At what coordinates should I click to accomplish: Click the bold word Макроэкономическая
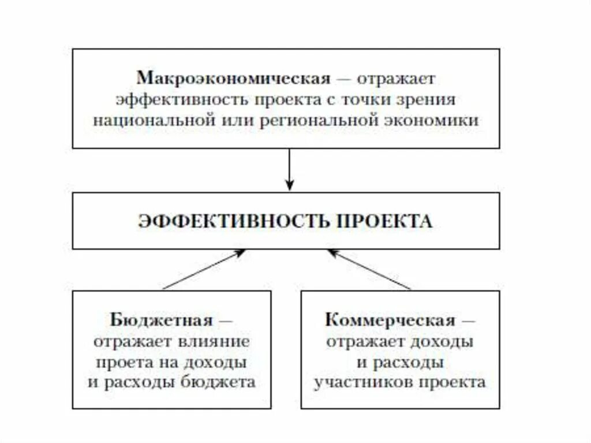pyautogui.click(x=233, y=78)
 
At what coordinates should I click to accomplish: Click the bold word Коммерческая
pyautogui.click(x=390, y=319)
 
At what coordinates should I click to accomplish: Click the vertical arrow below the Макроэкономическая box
pyautogui.click(x=289, y=170)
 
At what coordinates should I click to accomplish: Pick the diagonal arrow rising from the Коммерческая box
pyautogui.click(x=369, y=269)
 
